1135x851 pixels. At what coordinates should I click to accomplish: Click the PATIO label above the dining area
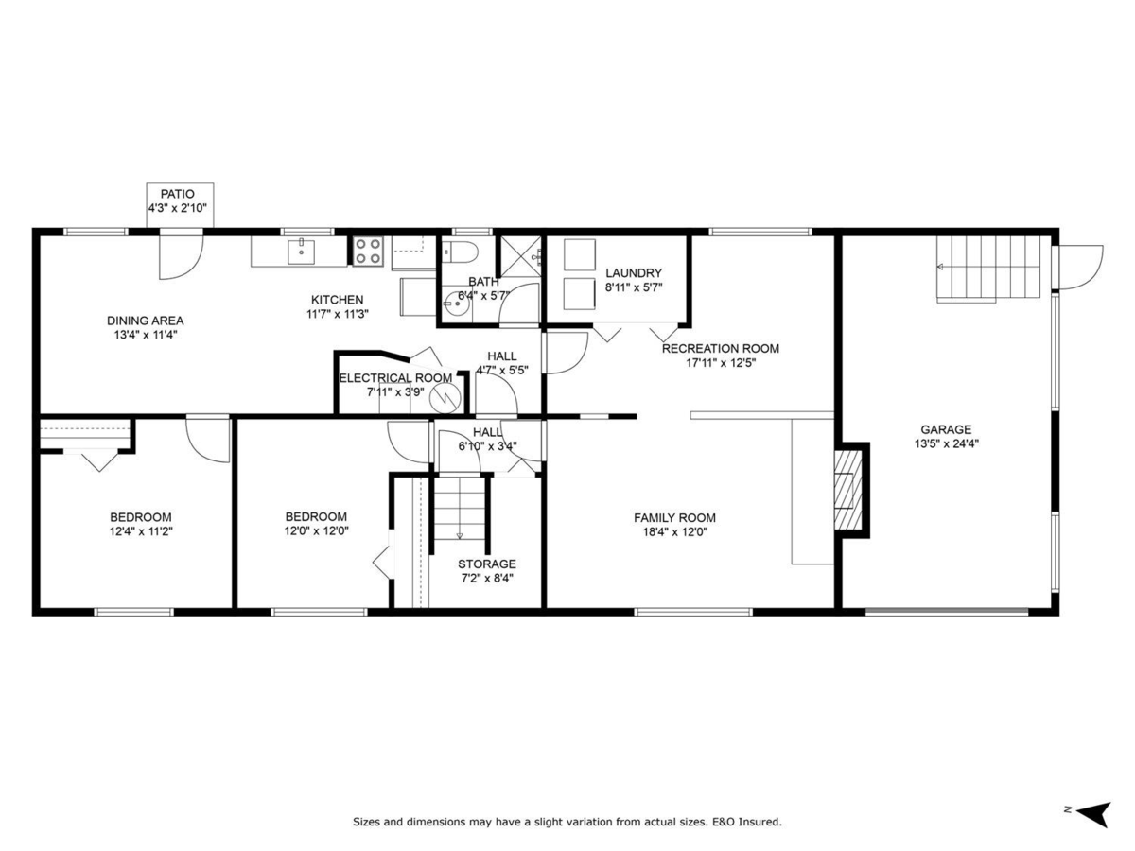tap(177, 194)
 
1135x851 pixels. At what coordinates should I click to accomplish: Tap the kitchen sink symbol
tap(301, 251)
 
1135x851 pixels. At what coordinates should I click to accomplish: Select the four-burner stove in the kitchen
tap(368, 251)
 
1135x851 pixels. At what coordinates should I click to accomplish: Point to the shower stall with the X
tap(520, 253)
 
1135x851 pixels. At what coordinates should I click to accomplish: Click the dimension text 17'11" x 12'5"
tap(721, 362)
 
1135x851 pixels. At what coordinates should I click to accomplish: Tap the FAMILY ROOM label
tap(674, 517)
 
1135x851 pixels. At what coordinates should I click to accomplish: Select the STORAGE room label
tap(487, 564)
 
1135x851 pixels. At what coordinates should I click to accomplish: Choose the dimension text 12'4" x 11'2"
tap(140, 531)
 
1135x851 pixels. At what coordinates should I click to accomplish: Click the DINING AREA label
tap(145, 321)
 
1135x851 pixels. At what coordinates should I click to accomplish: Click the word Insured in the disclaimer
tap(761, 823)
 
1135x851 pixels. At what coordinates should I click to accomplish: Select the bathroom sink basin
tap(452, 305)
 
